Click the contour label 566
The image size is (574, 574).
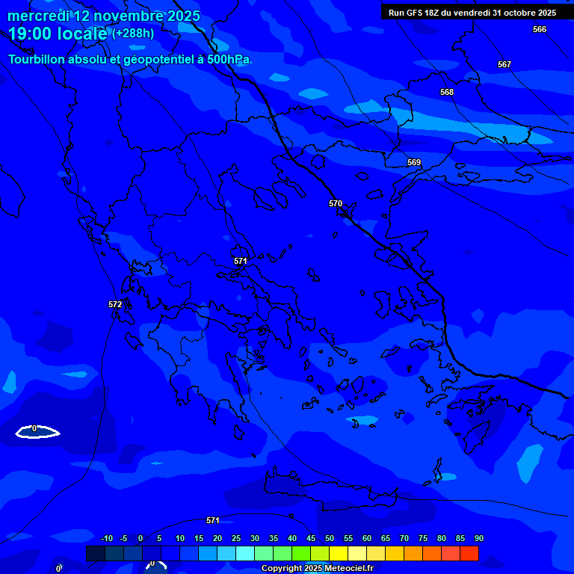point(540,29)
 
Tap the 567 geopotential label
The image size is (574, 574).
point(504,65)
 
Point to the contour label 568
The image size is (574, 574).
point(447,92)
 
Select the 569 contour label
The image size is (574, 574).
point(414,162)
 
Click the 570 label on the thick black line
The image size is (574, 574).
point(336,203)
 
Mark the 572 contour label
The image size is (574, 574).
point(115,304)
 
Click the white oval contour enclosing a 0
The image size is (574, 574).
point(37,431)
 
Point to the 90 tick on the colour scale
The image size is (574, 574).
point(478,538)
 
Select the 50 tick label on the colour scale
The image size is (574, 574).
point(330,538)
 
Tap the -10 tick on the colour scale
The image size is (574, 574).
point(106,538)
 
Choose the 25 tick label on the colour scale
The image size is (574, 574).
point(236,538)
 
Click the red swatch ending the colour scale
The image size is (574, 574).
point(469,553)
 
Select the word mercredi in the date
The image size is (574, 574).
point(38,16)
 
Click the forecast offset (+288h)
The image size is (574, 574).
point(133,34)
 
